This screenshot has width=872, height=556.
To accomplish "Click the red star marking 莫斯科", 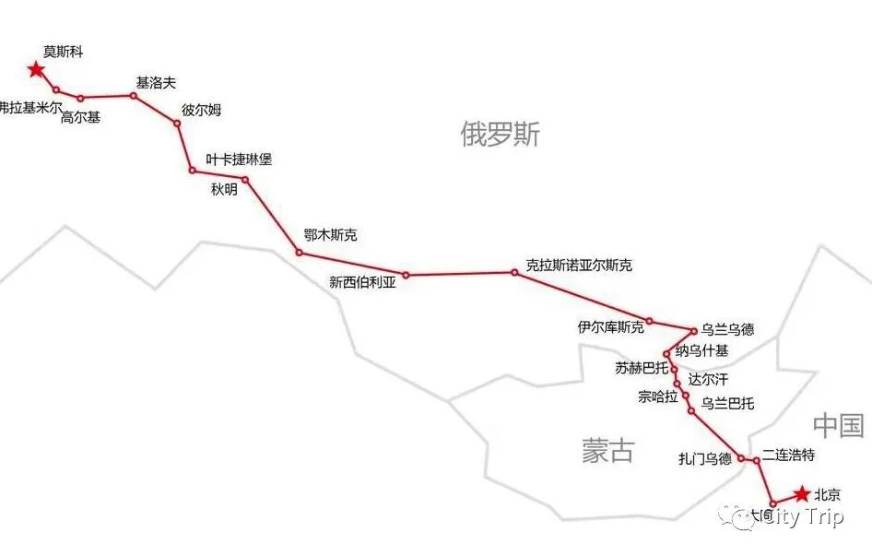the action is pos(36,69).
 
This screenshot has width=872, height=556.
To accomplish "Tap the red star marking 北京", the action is pos(803,494).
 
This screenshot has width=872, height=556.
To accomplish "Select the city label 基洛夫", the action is pos(156,83).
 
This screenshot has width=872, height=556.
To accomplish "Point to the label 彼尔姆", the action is pos(201,110).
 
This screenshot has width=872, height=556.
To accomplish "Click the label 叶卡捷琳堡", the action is pos(239,160).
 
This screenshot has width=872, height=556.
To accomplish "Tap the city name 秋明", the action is pos(224,190).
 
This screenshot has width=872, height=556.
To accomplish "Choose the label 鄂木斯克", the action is pos(330,235).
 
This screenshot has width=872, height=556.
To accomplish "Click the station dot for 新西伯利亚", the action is pos(406,275).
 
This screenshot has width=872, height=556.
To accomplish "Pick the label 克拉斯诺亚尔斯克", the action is pos(579,265).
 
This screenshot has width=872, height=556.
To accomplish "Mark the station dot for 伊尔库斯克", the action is pos(649,321).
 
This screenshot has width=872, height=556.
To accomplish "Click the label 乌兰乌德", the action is pos(727,329).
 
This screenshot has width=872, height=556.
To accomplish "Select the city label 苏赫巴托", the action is pos(642,368).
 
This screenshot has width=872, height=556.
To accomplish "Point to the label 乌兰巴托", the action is pos(727,403).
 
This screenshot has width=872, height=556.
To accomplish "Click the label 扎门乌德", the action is pos(705,458).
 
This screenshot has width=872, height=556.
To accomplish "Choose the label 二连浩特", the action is pos(789,455).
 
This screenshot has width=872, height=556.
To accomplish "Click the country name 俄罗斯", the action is pos(500,136).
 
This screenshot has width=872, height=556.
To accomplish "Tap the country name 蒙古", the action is pos(607,450).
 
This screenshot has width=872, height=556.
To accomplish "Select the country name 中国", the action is pos(838,425).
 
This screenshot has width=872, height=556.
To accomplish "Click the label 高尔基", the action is pos(80,117).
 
